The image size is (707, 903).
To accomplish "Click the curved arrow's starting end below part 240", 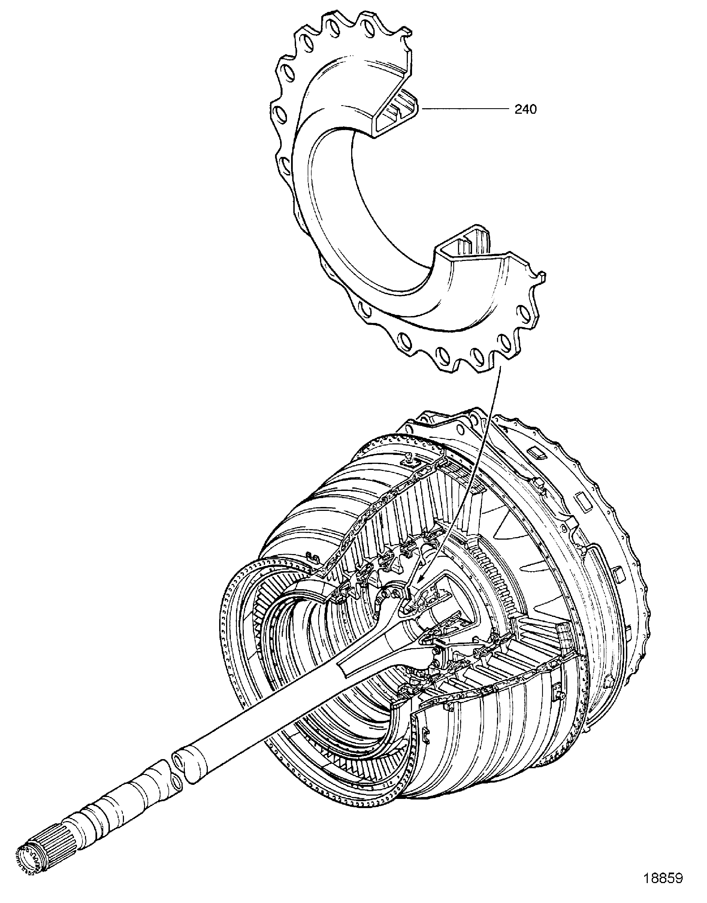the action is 501,356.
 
